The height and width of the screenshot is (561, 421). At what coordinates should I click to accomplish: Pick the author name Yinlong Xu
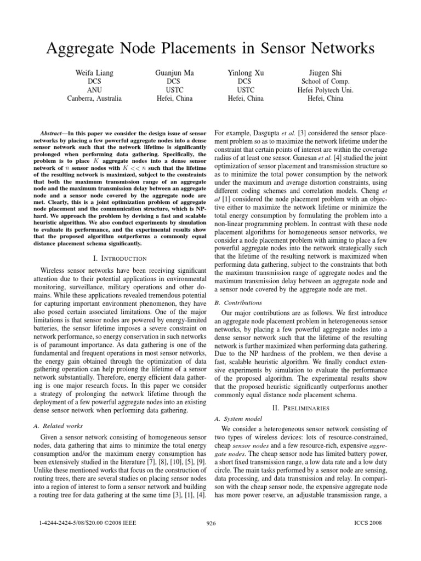pyautogui.click(x=246, y=72)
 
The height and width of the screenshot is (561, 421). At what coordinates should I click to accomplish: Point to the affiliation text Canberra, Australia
pyautogui.click(x=94, y=99)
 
